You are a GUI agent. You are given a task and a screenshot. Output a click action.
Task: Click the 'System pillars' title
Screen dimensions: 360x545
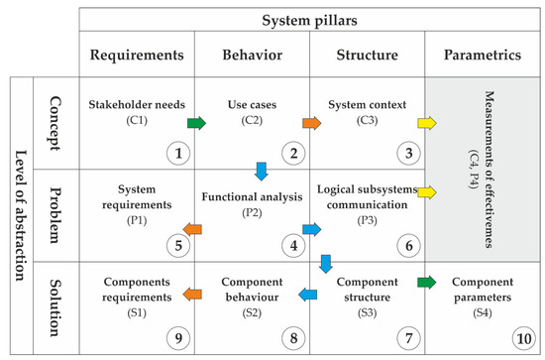point(309,20)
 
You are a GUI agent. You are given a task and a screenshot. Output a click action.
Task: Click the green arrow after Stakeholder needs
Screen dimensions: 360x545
point(196,124)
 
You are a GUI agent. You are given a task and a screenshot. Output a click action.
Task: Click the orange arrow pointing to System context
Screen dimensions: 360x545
point(312,124)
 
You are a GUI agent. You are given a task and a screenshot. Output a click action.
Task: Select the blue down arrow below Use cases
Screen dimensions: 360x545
point(261,171)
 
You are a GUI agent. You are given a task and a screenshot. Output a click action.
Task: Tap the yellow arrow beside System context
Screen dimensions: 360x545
point(427,124)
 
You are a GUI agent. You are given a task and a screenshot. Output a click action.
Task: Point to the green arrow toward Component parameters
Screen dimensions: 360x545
point(427,282)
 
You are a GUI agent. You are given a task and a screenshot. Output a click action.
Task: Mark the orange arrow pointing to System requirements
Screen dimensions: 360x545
point(195,230)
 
